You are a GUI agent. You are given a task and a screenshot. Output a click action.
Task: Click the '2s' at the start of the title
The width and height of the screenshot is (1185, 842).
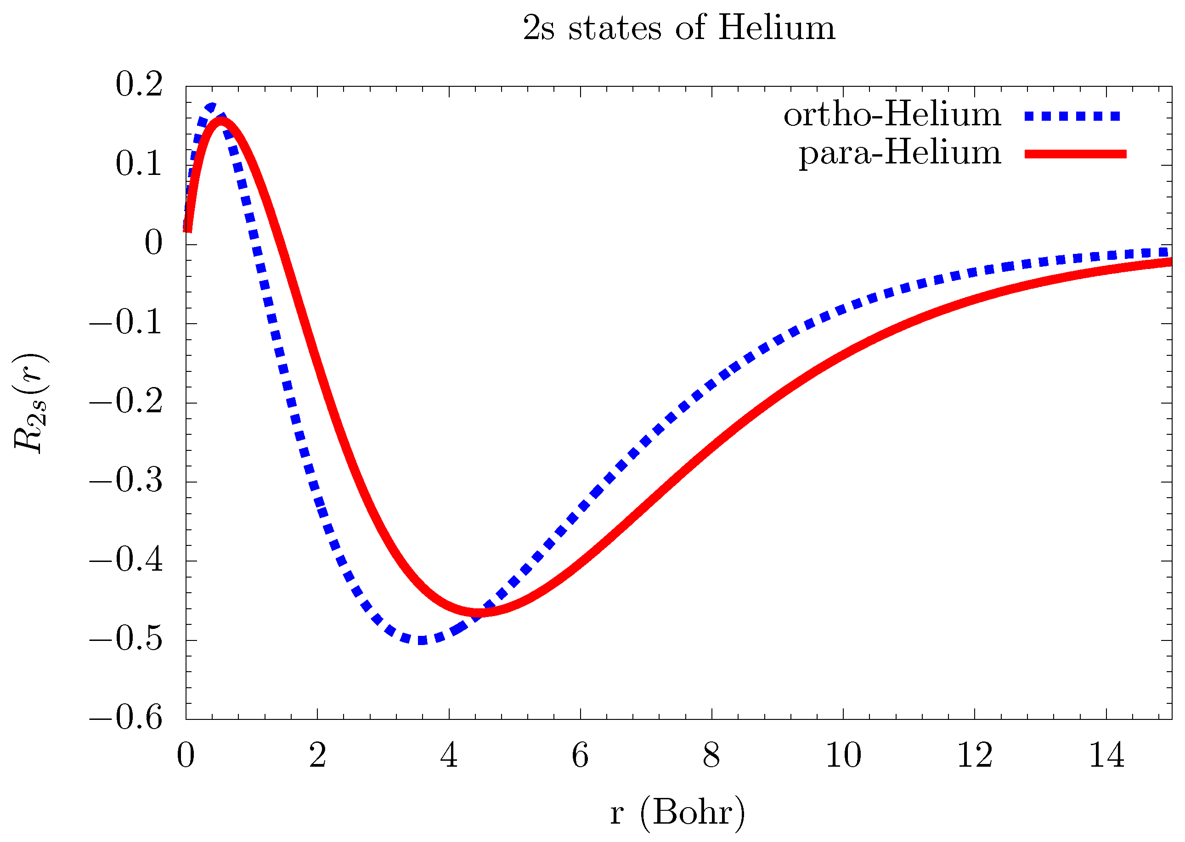(538, 28)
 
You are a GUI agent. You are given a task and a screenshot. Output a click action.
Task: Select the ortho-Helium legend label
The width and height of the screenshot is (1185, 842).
(892, 115)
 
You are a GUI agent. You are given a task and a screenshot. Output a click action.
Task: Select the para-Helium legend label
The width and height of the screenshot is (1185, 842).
(899, 153)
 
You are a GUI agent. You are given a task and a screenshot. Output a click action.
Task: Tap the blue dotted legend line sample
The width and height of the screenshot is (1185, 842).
(1072, 116)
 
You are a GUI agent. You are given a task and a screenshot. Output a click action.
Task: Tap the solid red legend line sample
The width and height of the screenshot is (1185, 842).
(1075, 154)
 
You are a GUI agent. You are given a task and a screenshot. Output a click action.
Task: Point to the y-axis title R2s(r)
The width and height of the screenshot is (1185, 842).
(30, 404)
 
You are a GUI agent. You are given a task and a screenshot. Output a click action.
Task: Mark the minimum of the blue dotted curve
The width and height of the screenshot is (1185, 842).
(422, 640)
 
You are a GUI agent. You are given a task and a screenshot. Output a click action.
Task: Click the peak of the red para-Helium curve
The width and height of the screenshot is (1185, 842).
(221, 121)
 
